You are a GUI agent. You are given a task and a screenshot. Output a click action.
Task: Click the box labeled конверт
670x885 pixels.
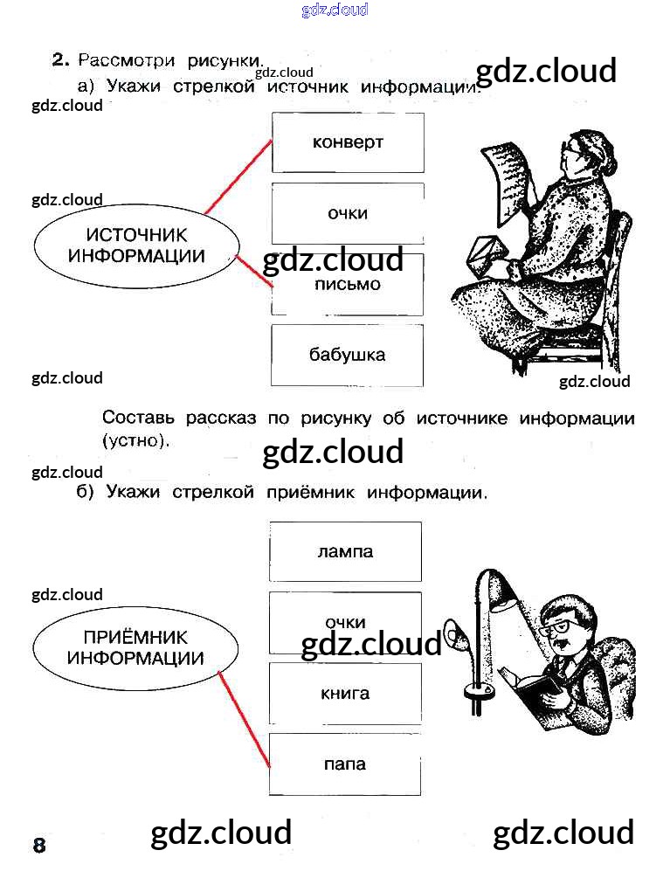[x=348, y=142]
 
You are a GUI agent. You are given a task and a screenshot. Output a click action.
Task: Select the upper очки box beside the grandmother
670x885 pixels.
[x=348, y=213]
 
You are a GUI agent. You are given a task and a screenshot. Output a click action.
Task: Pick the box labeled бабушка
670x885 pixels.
[x=348, y=355]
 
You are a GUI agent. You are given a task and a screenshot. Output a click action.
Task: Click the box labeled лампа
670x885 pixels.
[x=345, y=551]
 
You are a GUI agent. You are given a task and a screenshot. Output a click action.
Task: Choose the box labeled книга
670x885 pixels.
[x=345, y=694]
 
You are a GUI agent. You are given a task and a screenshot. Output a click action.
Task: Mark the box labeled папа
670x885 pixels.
[x=345, y=764]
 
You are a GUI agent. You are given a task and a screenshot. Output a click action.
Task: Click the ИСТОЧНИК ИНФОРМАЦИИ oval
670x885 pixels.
[x=135, y=245]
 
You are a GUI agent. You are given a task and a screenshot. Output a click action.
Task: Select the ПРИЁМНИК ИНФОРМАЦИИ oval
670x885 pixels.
[x=135, y=648]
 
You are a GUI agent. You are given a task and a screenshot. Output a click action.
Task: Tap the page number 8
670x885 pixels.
[x=39, y=846]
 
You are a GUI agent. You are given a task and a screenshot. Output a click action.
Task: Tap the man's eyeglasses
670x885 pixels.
[x=556, y=626]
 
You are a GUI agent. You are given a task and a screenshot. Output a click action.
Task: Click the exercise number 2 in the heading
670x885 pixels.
[x=59, y=59]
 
